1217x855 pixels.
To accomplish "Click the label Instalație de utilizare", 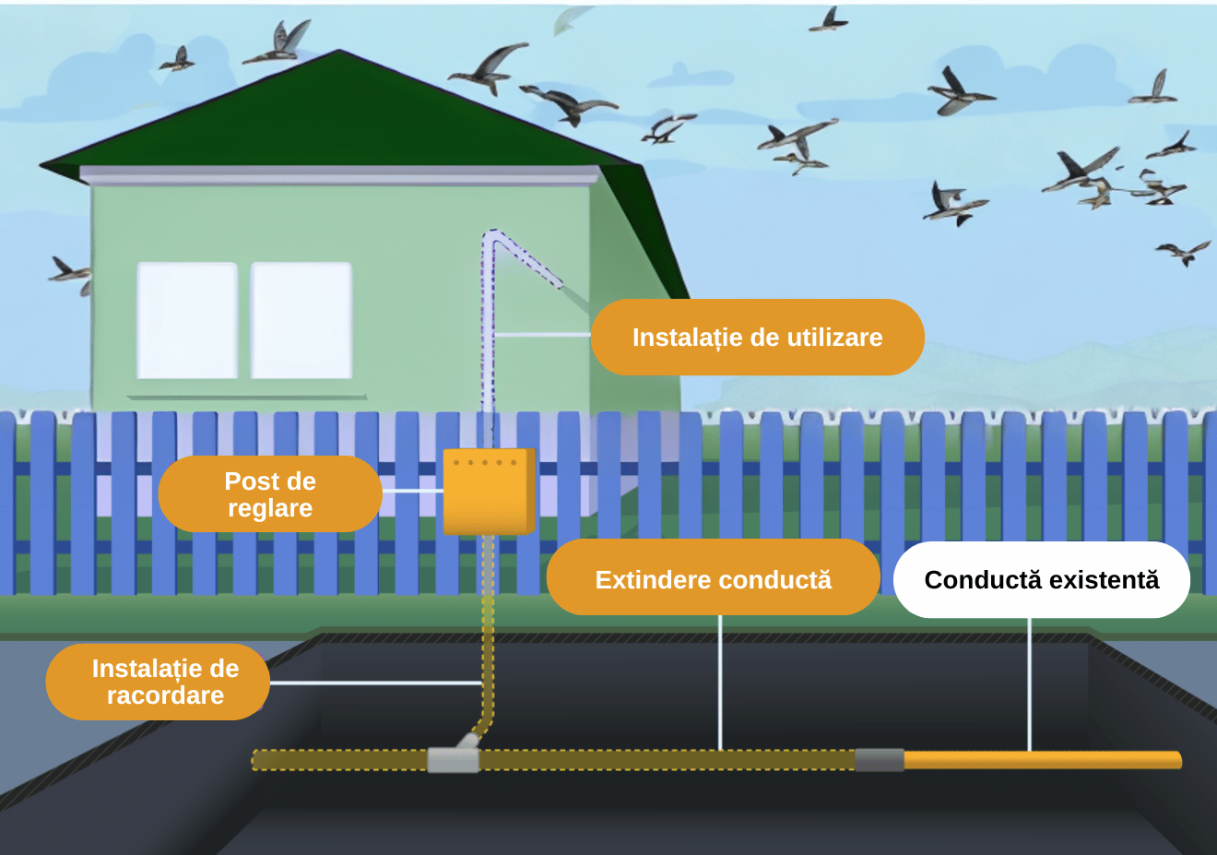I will pos(757,338).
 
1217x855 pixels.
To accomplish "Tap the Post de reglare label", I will pos(270,494).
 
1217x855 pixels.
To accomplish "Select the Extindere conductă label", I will pos(713,579).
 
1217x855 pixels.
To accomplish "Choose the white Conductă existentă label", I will pos(1041,579).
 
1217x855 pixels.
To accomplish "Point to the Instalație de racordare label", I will pos(158,682).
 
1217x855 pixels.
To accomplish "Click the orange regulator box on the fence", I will pos(489,492).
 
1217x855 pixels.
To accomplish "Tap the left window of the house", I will pos(187,320).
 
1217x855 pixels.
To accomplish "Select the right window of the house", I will pos(301,320).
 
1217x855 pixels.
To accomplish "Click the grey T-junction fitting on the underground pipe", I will pos(454,758).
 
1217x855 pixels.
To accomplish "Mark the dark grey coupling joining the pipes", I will pos(880,760).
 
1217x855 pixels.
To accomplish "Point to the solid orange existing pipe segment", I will pos(1042,760).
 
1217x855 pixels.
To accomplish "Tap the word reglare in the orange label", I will pos(270,508).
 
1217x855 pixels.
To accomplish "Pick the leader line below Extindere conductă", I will pos(720,683).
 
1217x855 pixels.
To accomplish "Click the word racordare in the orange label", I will pos(166,695).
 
